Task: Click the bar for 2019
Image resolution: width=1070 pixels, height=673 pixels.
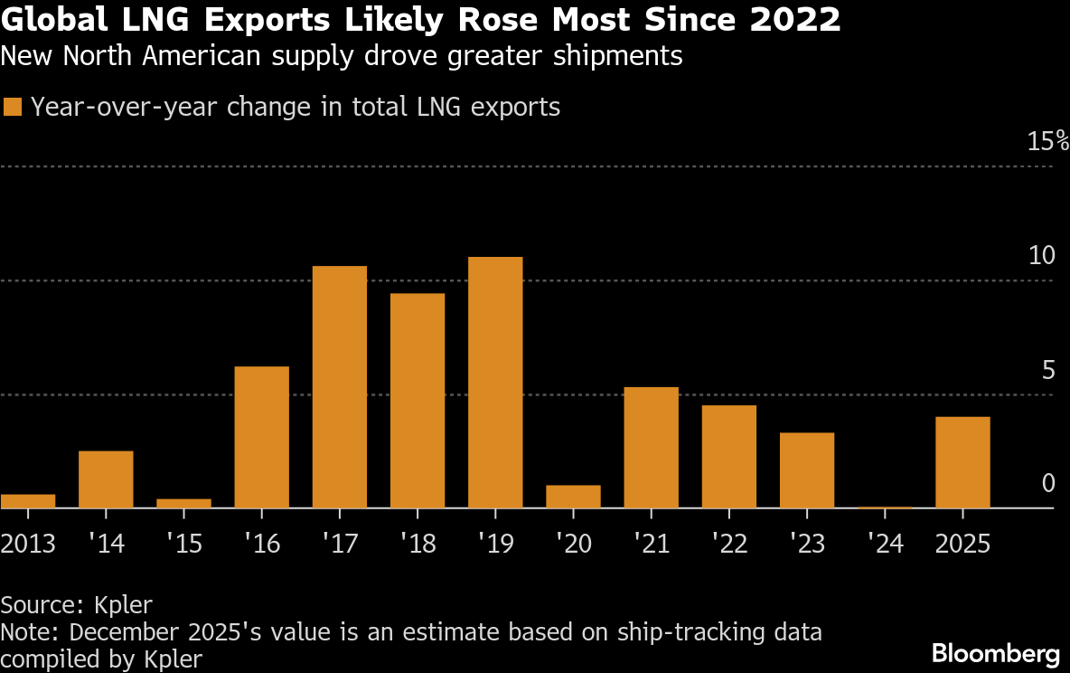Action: [x=495, y=383]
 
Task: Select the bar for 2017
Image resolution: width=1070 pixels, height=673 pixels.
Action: [x=339, y=387]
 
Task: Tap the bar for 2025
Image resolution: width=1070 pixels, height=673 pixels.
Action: [x=962, y=462]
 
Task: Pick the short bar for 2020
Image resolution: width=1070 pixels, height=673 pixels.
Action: [x=573, y=497]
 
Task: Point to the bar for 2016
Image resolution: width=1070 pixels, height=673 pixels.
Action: [x=261, y=437]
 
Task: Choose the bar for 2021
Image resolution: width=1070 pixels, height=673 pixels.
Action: [x=651, y=448]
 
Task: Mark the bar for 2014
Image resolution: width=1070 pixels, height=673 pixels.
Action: [x=106, y=479]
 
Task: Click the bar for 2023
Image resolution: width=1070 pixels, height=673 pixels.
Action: [x=807, y=470]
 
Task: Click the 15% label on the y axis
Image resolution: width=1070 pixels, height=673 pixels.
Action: [x=1047, y=142]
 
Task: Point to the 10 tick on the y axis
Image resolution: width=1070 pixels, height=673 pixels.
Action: [x=1042, y=256]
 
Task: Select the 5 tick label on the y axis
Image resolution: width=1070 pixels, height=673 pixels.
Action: [x=1047, y=370]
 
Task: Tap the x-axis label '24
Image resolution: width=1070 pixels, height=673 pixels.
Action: [x=884, y=544]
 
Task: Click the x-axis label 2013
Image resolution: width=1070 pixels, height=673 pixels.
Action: [x=28, y=544]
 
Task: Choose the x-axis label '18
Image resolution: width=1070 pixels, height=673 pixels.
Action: [x=417, y=544]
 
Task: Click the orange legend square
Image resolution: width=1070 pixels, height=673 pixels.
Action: [x=12, y=107]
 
